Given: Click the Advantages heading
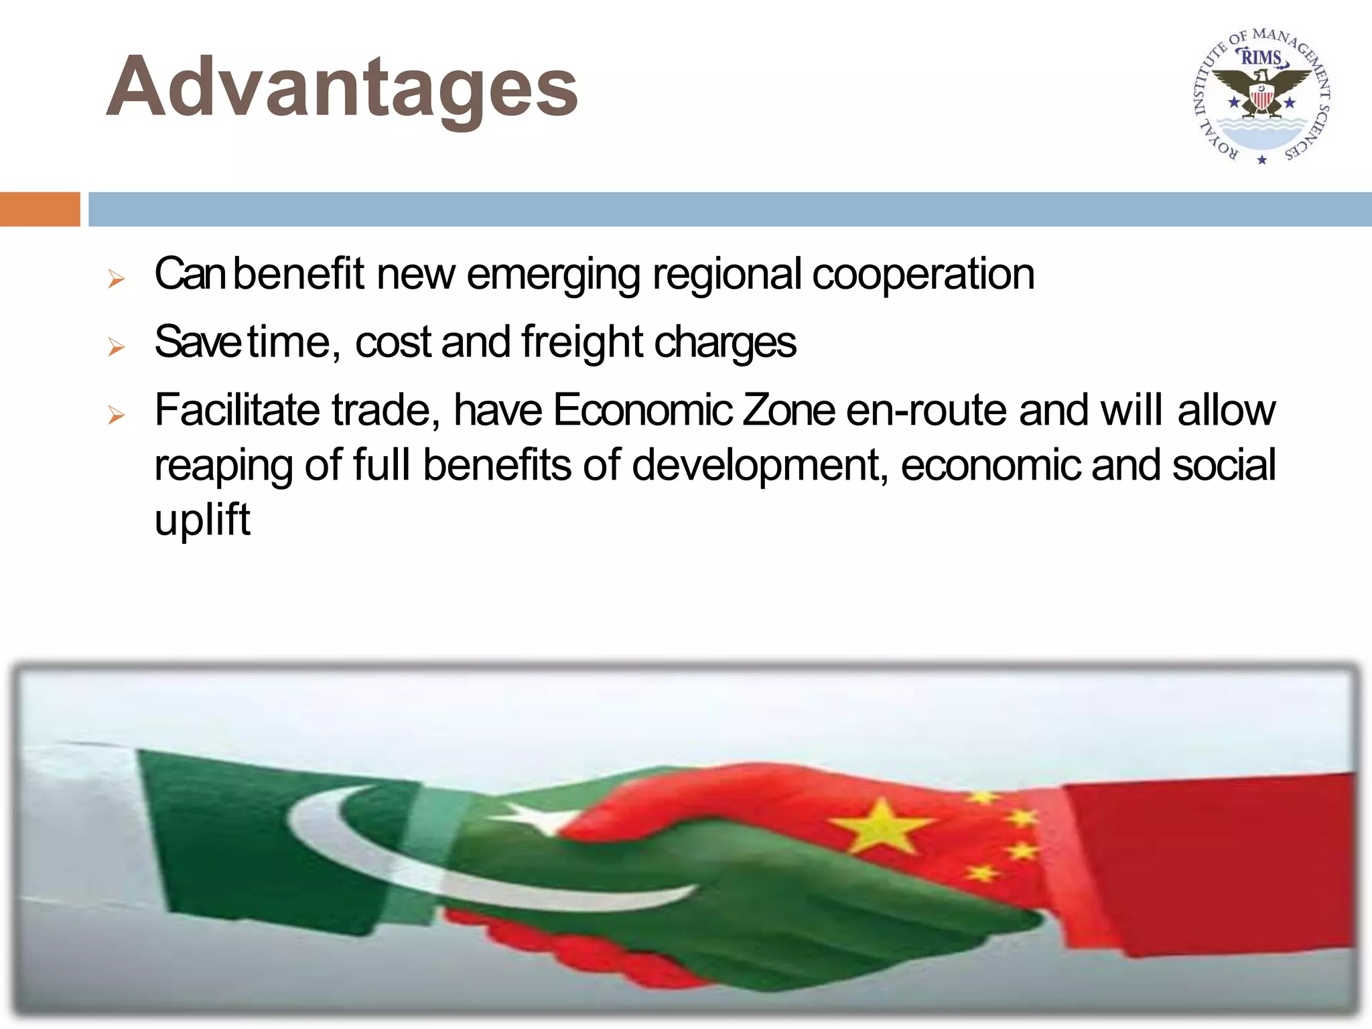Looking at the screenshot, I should click(342, 87).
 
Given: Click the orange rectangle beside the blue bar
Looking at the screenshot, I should click(40, 209).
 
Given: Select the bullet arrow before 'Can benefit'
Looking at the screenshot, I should click(117, 279).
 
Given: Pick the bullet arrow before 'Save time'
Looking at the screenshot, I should click(117, 347).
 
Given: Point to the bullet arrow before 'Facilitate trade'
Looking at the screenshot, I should click(117, 415).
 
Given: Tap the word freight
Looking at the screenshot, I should click(581, 342).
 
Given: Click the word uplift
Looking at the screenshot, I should click(202, 520).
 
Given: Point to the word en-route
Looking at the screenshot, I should click(927, 411).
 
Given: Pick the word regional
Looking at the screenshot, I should click(727, 275).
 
